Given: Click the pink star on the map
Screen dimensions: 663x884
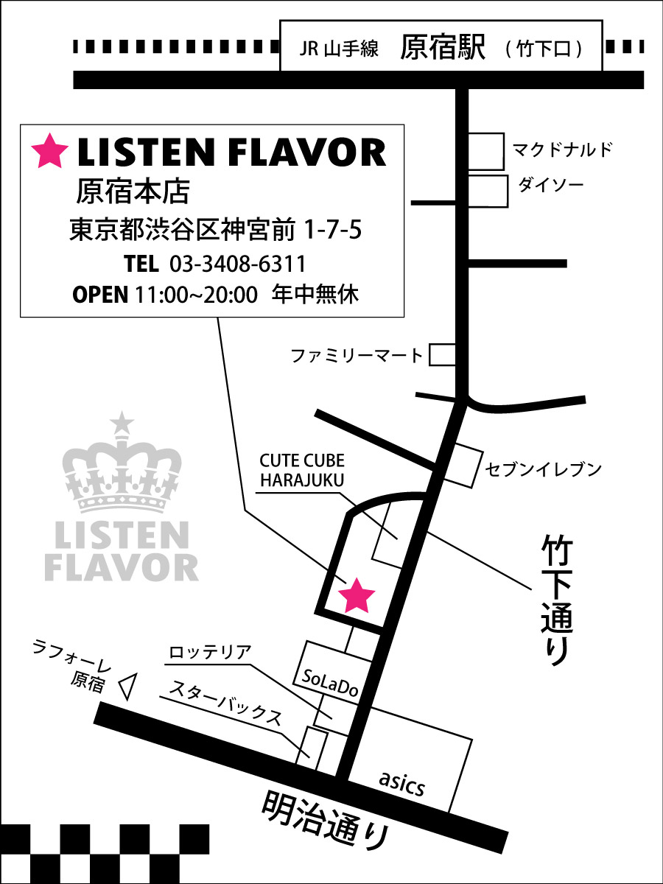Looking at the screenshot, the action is (357, 595).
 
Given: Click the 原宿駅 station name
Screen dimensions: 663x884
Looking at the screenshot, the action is (443, 49).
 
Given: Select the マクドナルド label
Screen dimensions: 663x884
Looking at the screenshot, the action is (563, 150).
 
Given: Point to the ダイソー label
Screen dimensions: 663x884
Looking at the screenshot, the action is (551, 185).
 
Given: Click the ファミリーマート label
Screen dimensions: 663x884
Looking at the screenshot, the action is (357, 357).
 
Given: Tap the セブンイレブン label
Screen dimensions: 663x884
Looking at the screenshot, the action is (544, 469).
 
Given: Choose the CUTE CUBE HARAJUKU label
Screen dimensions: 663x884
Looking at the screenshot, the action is (302, 470).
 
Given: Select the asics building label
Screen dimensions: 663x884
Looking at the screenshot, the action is (403, 785).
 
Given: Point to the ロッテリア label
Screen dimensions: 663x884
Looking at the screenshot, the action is (210, 653).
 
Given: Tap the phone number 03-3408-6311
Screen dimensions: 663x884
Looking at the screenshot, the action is (237, 264).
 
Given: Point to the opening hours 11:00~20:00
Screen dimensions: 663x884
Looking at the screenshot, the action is (197, 295).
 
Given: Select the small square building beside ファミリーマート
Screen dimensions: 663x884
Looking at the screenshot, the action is (443, 355).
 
